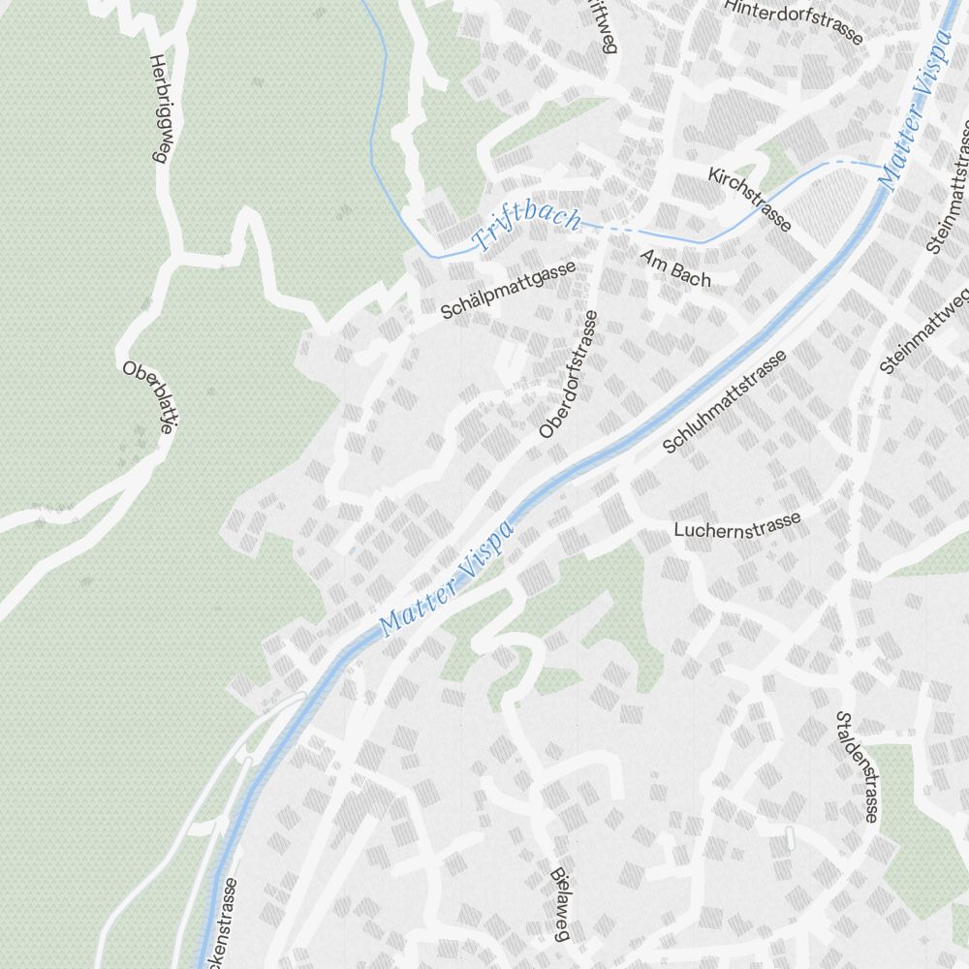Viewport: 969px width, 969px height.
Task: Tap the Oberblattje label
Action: [x=148, y=397]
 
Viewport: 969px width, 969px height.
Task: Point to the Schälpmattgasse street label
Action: [x=508, y=290]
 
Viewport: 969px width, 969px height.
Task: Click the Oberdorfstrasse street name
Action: [x=570, y=374]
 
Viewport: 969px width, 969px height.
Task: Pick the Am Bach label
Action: [x=675, y=268]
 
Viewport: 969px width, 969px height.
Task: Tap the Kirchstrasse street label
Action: [x=749, y=199]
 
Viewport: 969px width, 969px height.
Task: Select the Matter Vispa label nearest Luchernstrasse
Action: [x=447, y=578]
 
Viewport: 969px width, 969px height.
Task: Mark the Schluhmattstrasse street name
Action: [x=724, y=401]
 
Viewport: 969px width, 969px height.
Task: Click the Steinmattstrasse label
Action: [x=951, y=189]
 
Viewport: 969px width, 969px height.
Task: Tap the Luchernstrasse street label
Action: [x=737, y=524]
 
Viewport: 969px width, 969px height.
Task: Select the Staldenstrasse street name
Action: [x=857, y=766]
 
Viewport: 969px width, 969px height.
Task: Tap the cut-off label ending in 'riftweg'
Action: [x=600, y=24]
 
